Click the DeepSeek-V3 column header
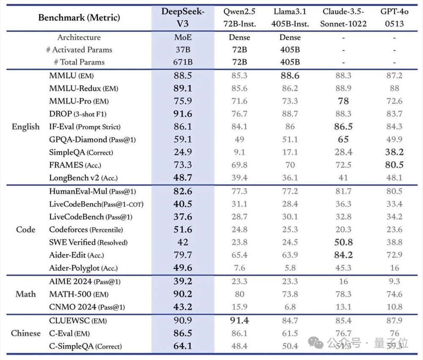183,17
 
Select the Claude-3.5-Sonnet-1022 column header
343,17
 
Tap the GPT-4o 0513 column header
394,17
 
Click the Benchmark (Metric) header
79,18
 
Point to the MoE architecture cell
183,38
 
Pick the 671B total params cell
183,62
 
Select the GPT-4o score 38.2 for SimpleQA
394,152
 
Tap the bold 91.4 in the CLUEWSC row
239,321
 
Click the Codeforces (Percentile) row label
86,230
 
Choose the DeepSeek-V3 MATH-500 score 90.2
183,294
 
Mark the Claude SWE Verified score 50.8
343,242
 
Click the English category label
26,127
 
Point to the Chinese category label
26,333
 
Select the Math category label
26,294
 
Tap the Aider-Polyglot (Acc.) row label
83,268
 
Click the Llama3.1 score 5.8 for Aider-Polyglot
290,268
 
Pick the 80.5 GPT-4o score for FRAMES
394,165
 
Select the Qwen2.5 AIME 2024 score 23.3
239,282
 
